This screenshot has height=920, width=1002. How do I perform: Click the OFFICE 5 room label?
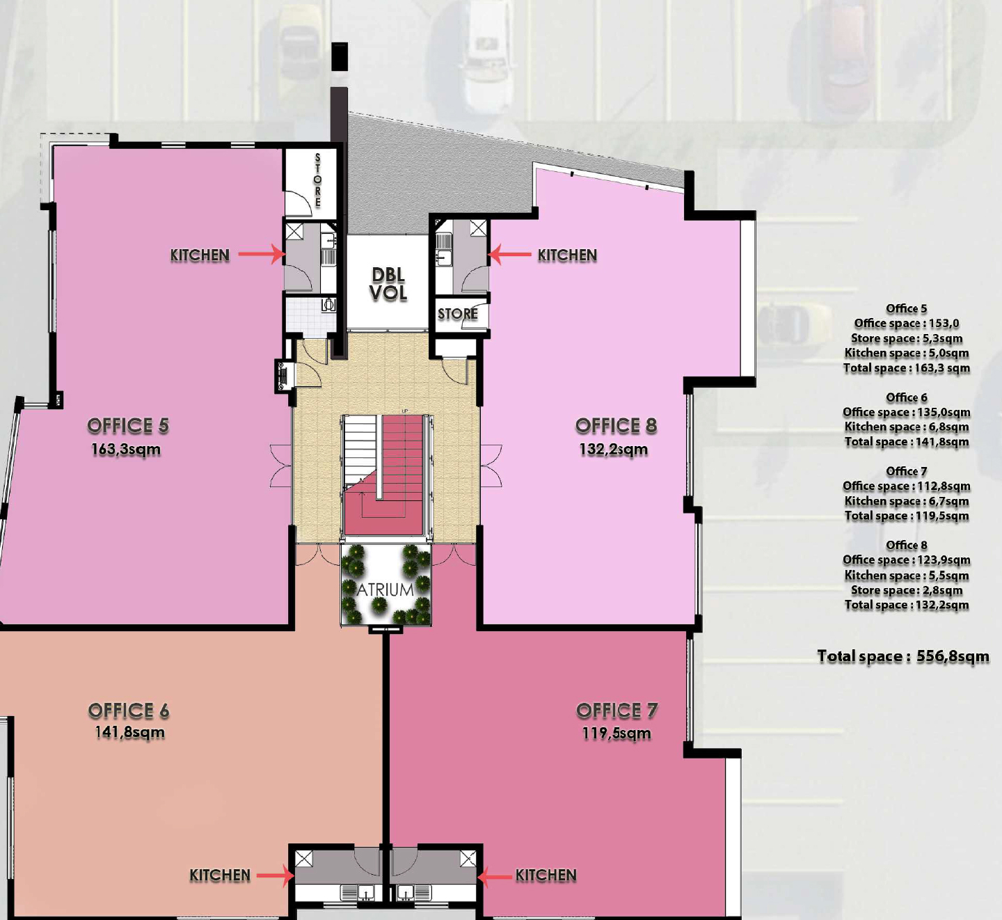pos(128,426)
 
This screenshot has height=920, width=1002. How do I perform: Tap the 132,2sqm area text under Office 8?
pos(614,450)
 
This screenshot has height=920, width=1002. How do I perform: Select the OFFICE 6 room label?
pos(129,711)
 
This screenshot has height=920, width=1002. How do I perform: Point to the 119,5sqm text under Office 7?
pos(617,733)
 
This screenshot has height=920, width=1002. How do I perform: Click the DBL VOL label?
pos(388,284)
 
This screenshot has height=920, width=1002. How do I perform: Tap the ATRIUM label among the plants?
pos(385,589)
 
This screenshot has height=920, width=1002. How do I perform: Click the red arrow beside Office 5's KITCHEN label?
pos(261,254)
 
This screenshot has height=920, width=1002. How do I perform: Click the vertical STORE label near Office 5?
pos(318,180)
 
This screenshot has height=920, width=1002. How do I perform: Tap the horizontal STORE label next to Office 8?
pos(458,314)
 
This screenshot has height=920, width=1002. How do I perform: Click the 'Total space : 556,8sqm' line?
pos(903,656)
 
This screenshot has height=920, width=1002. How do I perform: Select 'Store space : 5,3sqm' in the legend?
pos(907,338)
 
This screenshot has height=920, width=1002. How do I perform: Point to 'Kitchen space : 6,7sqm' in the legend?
pos(907,501)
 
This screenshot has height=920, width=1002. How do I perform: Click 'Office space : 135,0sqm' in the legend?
pos(907,412)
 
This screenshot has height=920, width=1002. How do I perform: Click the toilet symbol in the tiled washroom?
pos(329,304)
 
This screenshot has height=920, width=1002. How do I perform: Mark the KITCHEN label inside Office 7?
pos(546,875)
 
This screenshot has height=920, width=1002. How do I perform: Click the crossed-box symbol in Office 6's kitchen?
pos(303,859)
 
